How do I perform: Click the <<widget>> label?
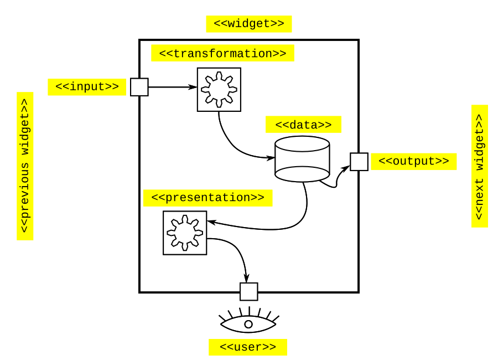[x=249, y=24]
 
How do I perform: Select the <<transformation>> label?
[x=222, y=53]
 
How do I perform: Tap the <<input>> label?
[x=87, y=87]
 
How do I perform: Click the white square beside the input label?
[x=139, y=87]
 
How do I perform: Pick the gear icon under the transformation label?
[x=219, y=89]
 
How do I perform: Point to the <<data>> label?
[x=303, y=125]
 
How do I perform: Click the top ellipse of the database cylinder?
[x=302, y=144]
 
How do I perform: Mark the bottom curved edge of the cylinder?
[x=302, y=178]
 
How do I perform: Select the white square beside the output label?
[x=359, y=162]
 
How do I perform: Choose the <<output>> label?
[x=414, y=161]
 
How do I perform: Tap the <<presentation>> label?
[x=207, y=198]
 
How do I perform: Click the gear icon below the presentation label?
[x=185, y=233]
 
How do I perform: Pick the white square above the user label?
[x=249, y=291]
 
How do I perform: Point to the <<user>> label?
[x=248, y=347]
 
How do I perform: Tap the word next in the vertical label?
[x=479, y=192]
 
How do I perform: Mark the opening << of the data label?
[x=282, y=125]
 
